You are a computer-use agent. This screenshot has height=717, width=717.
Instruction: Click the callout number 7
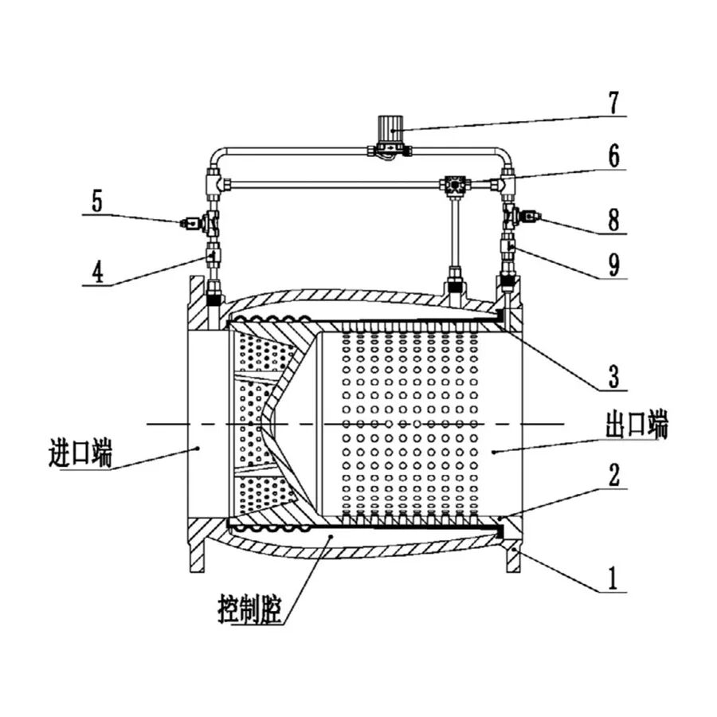point(613,103)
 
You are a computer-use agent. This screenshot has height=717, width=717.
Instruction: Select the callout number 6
point(613,155)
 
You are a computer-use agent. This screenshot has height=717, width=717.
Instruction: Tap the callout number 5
point(97,201)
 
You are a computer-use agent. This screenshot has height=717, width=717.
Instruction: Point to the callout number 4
point(97,272)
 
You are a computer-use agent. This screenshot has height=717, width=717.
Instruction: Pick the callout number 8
point(613,219)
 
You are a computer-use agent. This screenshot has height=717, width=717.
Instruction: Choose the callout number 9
point(613,264)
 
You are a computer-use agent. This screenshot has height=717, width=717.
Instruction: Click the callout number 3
point(613,376)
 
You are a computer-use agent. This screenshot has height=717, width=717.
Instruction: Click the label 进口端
point(80,453)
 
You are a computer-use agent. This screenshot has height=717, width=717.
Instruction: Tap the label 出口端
point(637,425)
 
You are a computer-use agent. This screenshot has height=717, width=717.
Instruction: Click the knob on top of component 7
point(390,128)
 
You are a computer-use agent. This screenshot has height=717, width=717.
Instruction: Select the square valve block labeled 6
point(455,185)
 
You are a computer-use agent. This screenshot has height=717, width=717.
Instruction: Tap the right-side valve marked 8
point(520,216)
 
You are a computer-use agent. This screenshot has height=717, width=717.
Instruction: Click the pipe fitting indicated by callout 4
point(213,257)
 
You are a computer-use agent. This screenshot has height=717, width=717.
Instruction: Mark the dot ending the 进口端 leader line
point(198,449)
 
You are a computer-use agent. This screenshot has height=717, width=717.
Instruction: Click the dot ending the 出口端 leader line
point(494,452)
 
